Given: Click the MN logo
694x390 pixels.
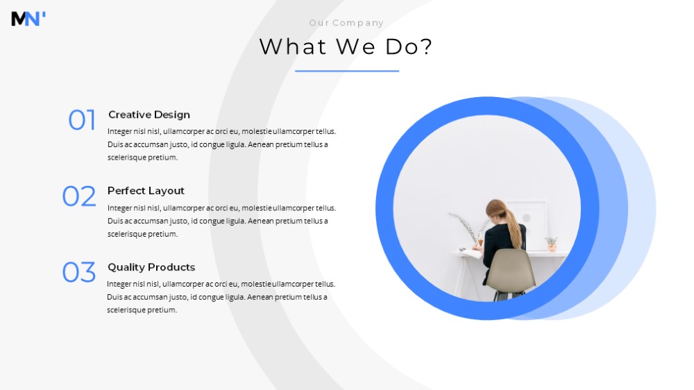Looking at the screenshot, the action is pyautogui.click(x=28, y=19).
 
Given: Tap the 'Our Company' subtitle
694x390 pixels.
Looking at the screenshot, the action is pyautogui.click(x=346, y=23).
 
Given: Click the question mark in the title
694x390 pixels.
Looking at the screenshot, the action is pyautogui.click(x=426, y=46).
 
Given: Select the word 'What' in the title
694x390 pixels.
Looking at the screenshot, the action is pyautogui.click(x=293, y=46).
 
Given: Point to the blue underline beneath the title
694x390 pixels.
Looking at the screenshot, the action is pyautogui.click(x=347, y=71).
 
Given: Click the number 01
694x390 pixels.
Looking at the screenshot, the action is pyautogui.click(x=82, y=120).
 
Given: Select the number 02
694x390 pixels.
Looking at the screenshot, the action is pyautogui.click(x=79, y=196).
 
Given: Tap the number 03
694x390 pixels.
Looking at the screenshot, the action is pyautogui.click(x=79, y=272).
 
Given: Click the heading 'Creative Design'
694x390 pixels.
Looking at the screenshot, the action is pyautogui.click(x=149, y=115).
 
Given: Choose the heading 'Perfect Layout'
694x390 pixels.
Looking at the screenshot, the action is pyautogui.click(x=146, y=191).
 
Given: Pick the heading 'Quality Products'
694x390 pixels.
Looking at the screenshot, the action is pyautogui.click(x=151, y=267).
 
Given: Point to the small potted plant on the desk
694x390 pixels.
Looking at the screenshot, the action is pyautogui.click(x=552, y=244).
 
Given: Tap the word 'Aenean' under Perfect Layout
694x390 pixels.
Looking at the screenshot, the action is pyautogui.click(x=261, y=221).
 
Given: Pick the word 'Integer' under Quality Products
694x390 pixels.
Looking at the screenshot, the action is pyautogui.click(x=119, y=285).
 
